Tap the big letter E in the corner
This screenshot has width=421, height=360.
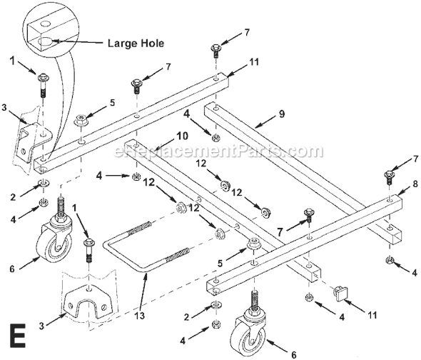[x=19, y=335]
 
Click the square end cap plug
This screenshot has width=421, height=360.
[x=342, y=293]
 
